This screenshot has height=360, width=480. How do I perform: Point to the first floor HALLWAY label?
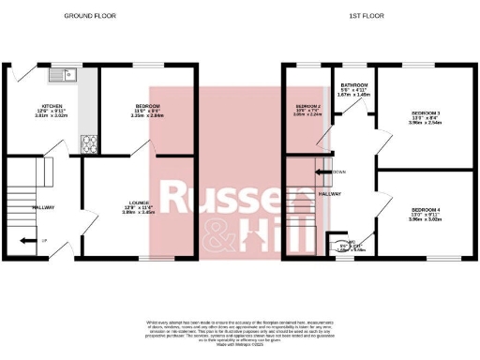329,194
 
